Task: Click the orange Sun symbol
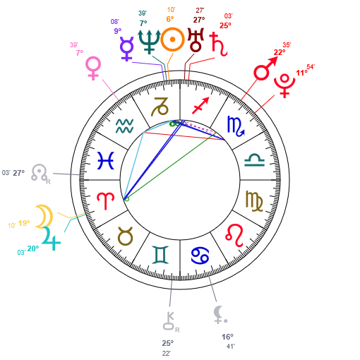tap(172, 40)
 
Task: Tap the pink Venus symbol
tap(93, 68)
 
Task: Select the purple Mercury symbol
tap(126, 49)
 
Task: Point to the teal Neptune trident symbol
tap(149, 42)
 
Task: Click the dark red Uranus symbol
tap(196, 40)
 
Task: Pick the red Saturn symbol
tap(219, 44)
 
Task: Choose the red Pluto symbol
tap(284, 85)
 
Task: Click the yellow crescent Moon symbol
tap(44, 217)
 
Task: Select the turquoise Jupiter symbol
tap(52, 239)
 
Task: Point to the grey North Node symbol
tap(40, 172)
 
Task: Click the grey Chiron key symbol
tap(169, 320)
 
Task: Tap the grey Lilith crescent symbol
tap(219, 314)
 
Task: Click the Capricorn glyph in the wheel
tap(160, 107)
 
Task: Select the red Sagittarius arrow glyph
tap(200, 105)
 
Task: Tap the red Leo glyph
tap(234, 235)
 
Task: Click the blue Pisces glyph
tap(106, 160)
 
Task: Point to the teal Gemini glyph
tap(160, 255)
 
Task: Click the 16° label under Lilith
tap(227, 337)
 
